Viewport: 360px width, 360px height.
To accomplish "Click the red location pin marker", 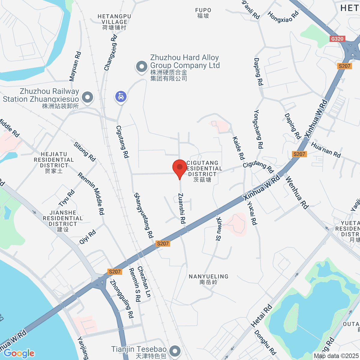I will [180, 168].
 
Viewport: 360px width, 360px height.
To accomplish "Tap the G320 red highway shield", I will [337, 39].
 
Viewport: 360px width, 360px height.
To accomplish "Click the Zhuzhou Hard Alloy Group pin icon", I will [142, 67].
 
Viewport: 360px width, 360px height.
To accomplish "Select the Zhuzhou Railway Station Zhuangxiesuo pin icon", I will [87, 97].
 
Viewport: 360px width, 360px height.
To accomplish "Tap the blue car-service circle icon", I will [121, 97].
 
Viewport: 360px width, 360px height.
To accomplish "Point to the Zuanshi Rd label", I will [182, 208].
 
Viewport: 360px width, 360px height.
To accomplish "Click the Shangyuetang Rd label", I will [143, 215].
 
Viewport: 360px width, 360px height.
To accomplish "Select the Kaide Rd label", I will [238, 148].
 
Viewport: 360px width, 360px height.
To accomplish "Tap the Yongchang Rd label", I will [258, 129].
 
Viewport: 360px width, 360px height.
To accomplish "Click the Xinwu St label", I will [218, 229].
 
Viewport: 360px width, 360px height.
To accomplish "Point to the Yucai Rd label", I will [252, 213].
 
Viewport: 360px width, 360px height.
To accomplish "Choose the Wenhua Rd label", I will [297, 193].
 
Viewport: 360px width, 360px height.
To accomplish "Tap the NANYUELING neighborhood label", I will [208, 277].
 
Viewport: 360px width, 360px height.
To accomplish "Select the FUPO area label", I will [203, 10].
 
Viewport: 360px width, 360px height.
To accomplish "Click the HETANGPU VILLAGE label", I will [114, 19].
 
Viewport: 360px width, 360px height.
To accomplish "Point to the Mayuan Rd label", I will [75, 66].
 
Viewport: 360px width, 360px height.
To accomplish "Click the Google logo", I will [19, 353].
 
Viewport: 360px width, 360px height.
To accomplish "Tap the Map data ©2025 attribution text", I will [336, 356].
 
